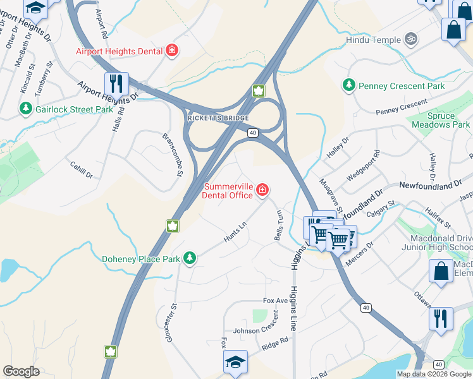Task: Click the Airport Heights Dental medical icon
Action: (x=171, y=51)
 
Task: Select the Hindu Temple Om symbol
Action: (x=411, y=40)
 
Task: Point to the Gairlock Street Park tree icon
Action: (x=26, y=109)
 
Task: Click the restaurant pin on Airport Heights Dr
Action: (x=116, y=84)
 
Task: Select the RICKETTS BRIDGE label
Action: (x=218, y=118)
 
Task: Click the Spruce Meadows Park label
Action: (x=441, y=121)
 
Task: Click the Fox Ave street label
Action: (x=276, y=301)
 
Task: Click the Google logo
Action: (x=21, y=371)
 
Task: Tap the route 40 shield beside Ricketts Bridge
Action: (x=252, y=133)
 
